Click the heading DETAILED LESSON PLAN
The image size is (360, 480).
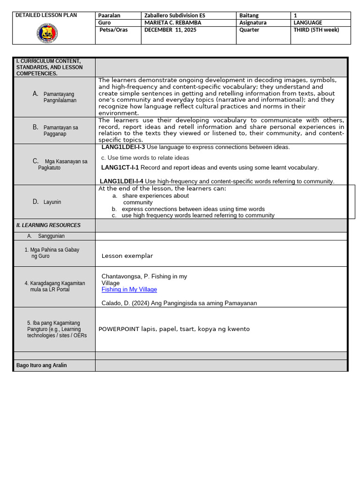click(46, 15)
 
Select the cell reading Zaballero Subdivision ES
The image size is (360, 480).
click(175, 15)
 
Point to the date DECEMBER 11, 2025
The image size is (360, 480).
click(170, 30)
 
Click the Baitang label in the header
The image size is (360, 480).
click(249, 15)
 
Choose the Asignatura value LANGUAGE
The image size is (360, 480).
click(307, 22)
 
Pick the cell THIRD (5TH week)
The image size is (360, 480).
click(316, 30)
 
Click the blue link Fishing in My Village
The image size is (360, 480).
click(129, 290)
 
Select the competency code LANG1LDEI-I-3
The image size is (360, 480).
click(123, 147)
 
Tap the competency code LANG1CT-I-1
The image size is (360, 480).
click(120, 167)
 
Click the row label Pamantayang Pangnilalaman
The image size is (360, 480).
click(60, 97)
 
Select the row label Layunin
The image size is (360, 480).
click(52, 202)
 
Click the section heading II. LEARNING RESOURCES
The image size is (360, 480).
click(48, 225)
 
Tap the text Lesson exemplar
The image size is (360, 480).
click(127, 256)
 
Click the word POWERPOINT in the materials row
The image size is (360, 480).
click(119, 329)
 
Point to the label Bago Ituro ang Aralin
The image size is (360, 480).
click(41, 366)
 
